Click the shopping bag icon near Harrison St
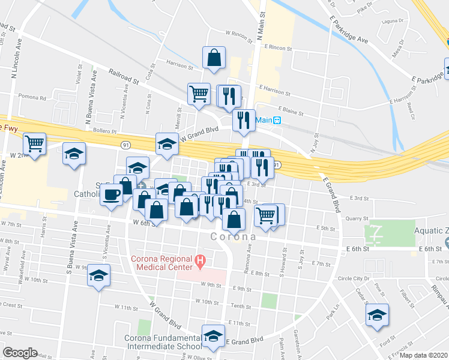point(214,58)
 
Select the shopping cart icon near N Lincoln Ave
point(35,144)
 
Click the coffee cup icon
point(111,195)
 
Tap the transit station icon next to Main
point(277,120)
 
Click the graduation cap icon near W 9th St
point(98,277)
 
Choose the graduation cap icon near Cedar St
point(377,315)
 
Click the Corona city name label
point(233,236)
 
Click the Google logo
point(20,353)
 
